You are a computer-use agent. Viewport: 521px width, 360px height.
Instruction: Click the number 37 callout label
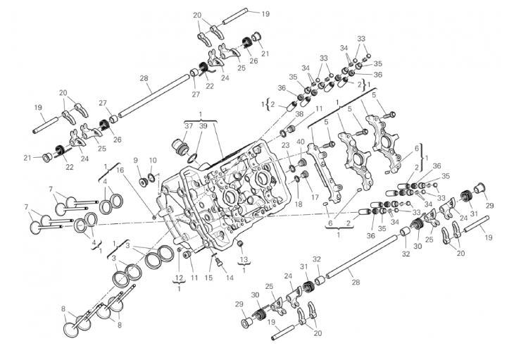pos(189,126)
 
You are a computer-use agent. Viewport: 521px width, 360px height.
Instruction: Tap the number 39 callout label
pos(203,126)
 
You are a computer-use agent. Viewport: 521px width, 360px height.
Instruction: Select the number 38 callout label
pos(299,114)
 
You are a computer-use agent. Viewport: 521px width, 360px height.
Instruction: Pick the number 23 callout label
pos(286,145)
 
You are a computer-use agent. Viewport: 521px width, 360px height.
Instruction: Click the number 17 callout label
pos(315,198)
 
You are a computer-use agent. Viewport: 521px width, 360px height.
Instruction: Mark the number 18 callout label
pos(299,204)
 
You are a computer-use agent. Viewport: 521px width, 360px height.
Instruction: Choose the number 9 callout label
pos(135,161)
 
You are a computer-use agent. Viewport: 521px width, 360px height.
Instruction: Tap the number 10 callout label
pos(153,161)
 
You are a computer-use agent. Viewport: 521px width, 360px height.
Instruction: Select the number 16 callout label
pos(120,170)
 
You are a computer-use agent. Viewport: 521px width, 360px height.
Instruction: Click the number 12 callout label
pos(179,278)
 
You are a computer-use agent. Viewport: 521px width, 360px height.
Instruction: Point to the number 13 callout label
pos(244,259)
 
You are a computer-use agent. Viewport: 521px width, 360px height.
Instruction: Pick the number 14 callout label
pos(230,278)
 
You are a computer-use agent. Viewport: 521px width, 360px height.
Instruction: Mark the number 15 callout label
pos(208,278)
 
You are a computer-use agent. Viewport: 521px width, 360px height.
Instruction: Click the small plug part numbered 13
pos(240,244)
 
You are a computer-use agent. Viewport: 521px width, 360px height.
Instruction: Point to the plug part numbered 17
pos(303,175)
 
